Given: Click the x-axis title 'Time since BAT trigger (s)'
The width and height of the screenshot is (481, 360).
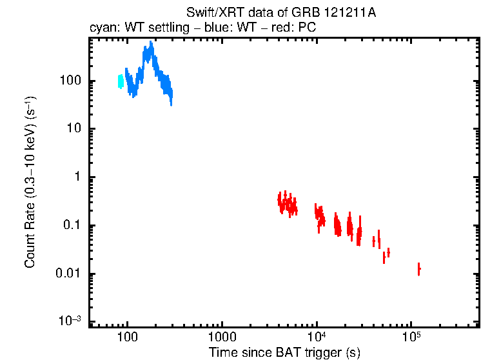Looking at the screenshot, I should pyautogui.click(x=284, y=352).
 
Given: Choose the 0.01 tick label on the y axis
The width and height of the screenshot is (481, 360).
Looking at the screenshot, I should pyautogui.click(x=68, y=274).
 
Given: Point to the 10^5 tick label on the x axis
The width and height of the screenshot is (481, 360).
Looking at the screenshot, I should pyautogui.click(x=411, y=337).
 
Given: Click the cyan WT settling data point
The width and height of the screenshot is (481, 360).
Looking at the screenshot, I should pyautogui.click(x=121, y=81).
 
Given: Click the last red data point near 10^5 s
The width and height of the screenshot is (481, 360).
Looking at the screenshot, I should pyautogui.click(x=418, y=268).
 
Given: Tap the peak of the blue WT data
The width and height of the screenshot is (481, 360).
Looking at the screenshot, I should pyautogui.click(x=151, y=45).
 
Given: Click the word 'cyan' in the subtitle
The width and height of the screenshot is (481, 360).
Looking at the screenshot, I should pyautogui.click(x=101, y=29).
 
